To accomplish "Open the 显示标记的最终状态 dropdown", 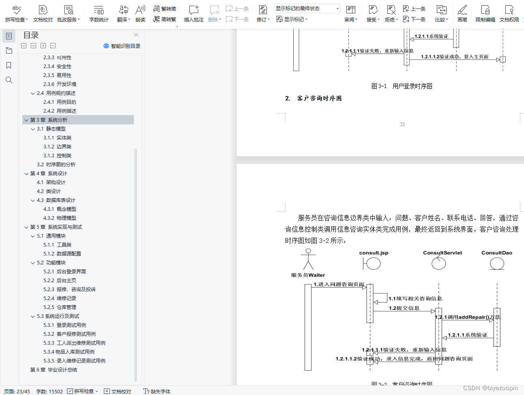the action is pyautogui.click(x=307, y=9).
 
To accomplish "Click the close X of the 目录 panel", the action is pyautogui.click(x=136, y=35).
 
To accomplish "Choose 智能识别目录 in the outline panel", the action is pyautogui.click(x=122, y=46).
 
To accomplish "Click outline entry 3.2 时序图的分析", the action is pyautogui.click(x=56, y=164).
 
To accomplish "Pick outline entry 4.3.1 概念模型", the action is pyautogui.click(x=60, y=209).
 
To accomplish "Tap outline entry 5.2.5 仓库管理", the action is pyautogui.click(x=60, y=307).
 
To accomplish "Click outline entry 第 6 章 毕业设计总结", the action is pyautogui.click(x=54, y=369).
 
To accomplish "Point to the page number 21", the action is pyautogui.click(x=402, y=125).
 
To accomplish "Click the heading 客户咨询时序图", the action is pyautogui.click(x=319, y=98).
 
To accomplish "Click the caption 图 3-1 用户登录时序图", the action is pyautogui.click(x=402, y=86).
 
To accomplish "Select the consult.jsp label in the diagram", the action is pyautogui.click(x=374, y=253).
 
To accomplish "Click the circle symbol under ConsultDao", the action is pyautogui.click(x=497, y=264).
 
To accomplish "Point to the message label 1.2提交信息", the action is pyautogui.click(x=404, y=308).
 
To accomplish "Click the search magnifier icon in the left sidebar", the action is pyautogui.click(x=9, y=80).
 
